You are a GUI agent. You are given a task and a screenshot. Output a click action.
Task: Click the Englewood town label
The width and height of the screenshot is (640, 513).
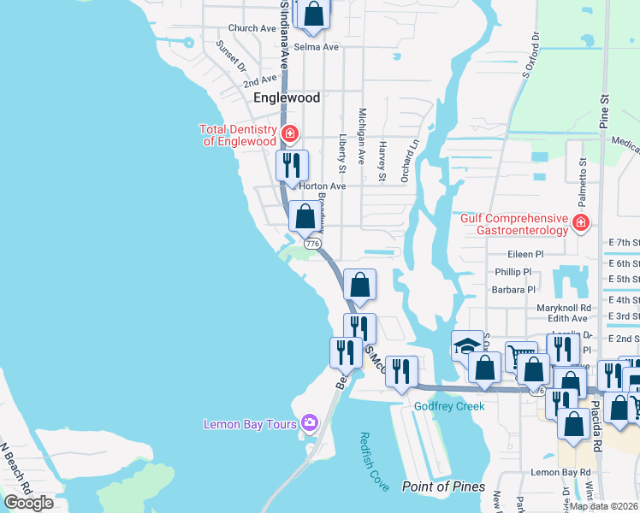click(287, 97)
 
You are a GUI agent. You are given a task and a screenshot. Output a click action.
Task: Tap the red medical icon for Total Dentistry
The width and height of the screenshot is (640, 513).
click(290, 133)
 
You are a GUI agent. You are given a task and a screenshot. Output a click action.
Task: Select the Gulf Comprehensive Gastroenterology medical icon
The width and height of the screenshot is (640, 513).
click(581, 223)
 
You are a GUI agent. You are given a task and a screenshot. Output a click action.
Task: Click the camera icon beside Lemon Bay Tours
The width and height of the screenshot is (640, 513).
click(309, 422)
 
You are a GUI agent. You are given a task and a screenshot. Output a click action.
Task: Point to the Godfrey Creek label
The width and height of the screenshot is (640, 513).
click(449, 406)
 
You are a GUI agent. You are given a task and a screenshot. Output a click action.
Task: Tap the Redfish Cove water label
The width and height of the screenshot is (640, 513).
click(374, 462)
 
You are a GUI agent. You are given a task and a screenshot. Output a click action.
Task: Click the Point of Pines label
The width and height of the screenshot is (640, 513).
click(441, 486)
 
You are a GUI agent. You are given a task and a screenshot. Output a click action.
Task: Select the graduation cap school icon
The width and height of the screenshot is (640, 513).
click(467, 346)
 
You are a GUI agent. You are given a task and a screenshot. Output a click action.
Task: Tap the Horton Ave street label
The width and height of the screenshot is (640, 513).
click(322, 186)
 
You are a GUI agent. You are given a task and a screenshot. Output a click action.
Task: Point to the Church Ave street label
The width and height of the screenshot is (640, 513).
click(252, 28)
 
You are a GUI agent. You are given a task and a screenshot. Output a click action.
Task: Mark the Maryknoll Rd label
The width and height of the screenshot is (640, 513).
click(564, 308)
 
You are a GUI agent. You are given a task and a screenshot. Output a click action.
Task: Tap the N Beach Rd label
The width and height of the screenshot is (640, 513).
click(16, 474)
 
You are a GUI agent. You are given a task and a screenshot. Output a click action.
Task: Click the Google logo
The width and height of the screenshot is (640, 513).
click(28, 502)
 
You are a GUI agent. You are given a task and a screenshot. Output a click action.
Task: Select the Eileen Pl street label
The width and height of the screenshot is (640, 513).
click(525, 254)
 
